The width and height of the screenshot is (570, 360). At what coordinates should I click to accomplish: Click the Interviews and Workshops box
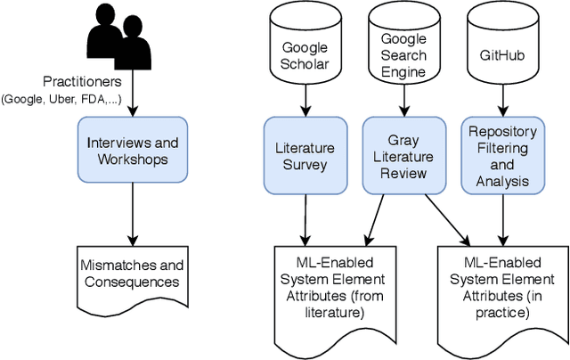(132, 151)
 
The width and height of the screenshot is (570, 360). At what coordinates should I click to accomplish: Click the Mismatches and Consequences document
(132, 275)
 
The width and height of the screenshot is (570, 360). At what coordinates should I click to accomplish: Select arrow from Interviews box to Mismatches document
(132, 214)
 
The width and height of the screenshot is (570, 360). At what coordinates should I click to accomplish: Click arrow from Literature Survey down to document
(306, 214)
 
